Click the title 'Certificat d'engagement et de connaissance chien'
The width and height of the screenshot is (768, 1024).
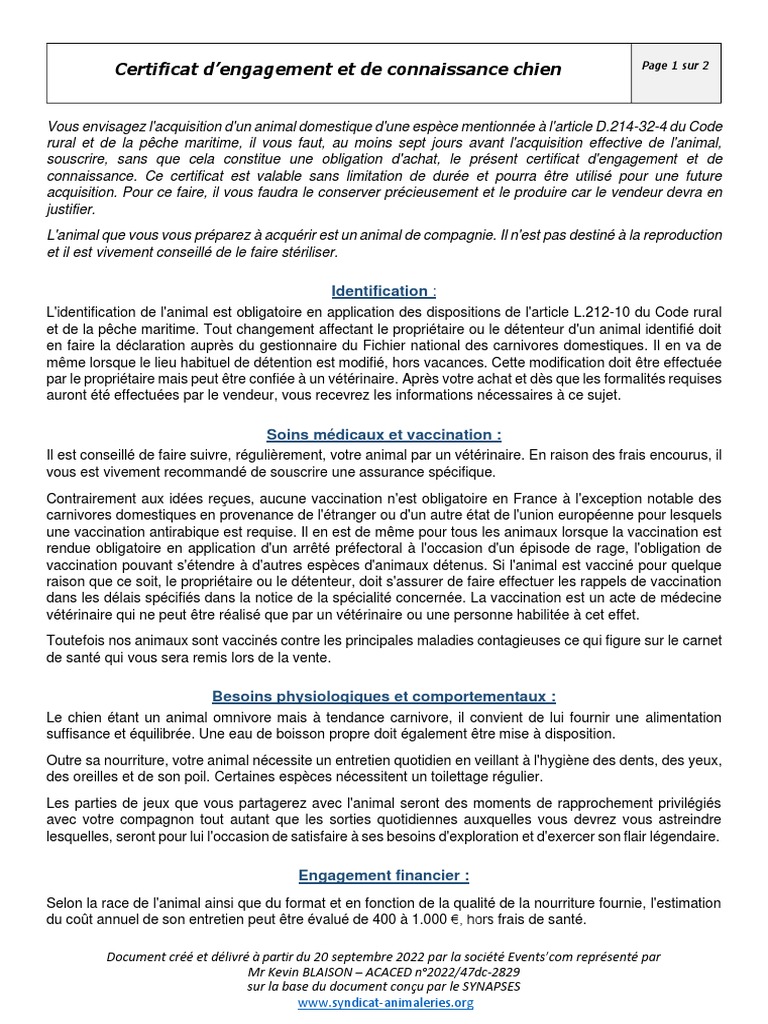pyautogui.click(x=338, y=69)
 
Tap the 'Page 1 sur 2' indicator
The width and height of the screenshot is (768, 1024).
pyautogui.click(x=676, y=66)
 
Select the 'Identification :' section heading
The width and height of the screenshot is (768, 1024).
pyautogui.click(x=383, y=291)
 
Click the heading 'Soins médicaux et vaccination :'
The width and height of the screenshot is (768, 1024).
pyautogui.click(x=383, y=434)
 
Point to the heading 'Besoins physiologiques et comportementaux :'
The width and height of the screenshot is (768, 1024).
pyautogui.click(x=383, y=695)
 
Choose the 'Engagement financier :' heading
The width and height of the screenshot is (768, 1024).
pyautogui.click(x=383, y=875)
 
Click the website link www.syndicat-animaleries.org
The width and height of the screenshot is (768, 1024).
pyautogui.click(x=385, y=1002)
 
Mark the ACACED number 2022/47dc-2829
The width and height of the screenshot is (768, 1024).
pyautogui.click(x=465, y=971)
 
